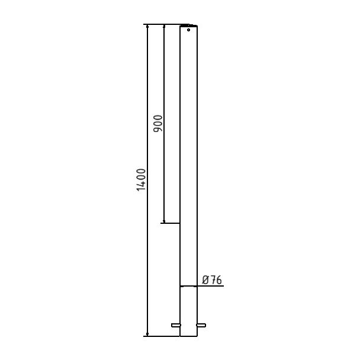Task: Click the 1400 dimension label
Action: pos(141,180)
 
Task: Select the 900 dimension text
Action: pos(157,124)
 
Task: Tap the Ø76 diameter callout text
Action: pos(212,280)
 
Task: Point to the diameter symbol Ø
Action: pos(205,280)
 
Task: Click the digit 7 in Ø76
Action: pos(213,280)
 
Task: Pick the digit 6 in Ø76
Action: pos(219,280)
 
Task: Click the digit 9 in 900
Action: pos(157,129)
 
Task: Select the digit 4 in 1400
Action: pos(141,183)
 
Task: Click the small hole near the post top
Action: pos(188,30)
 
